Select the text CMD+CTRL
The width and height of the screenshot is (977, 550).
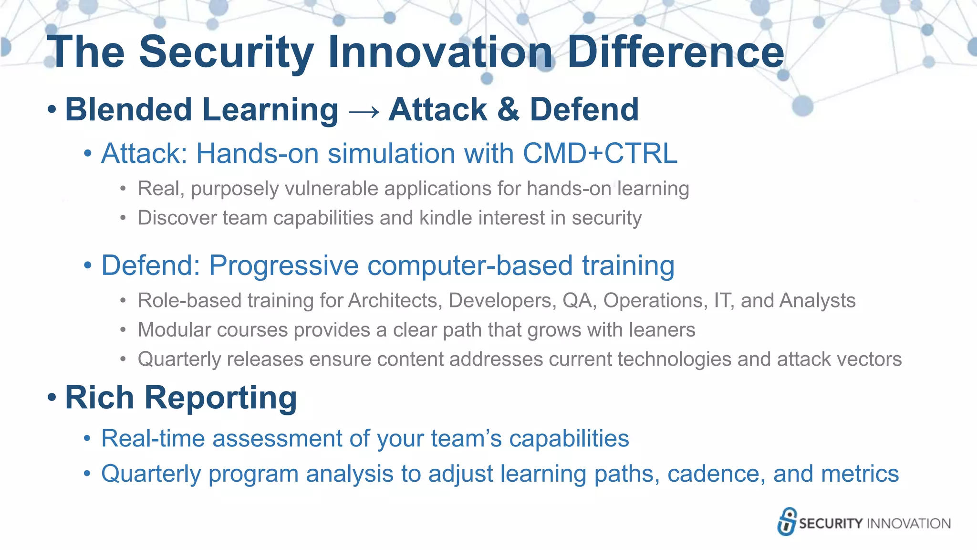pyautogui.click(x=600, y=154)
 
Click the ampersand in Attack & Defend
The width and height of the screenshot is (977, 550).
pyautogui.click(x=508, y=110)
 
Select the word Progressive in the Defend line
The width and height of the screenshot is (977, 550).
pyautogui.click(x=283, y=265)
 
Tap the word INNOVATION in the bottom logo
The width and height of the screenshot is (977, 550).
pyautogui.click(x=908, y=524)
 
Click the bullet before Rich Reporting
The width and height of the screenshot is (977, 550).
pyautogui.click(x=52, y=397)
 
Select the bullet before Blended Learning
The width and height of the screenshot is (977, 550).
pyautogui.click(x=52, y=110)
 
